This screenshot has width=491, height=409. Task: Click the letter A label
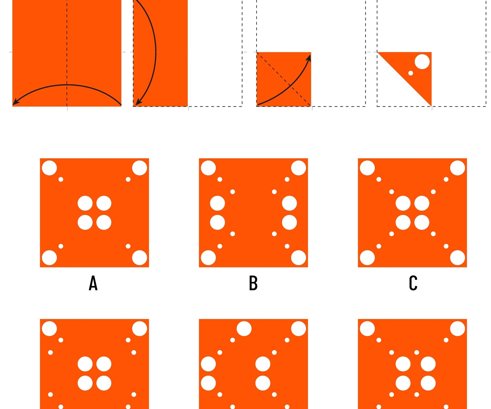click(93, 283)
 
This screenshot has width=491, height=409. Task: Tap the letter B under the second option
click(253, 283)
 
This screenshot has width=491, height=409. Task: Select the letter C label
click(413, 283)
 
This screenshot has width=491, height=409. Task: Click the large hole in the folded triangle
click(422, 62)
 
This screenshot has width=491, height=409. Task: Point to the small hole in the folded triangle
click(411, 73)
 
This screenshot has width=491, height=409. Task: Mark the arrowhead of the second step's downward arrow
click(138, 101)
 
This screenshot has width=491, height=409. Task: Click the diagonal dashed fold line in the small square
click(284, 79)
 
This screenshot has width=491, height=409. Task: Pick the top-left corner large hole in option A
click(49, 168)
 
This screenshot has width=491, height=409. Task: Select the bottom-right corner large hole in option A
click(139, 258)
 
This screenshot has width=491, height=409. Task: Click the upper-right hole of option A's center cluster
click(104, 203)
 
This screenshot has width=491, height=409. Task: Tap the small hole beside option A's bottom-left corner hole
click(61, 246)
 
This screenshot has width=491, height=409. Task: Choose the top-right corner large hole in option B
click(298, 168)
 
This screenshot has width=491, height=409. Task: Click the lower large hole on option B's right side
click(289, 222)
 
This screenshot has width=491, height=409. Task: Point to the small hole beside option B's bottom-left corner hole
click(220, 246)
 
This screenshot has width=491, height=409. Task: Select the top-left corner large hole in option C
click(367, 168)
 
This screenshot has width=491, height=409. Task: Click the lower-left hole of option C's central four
click(403, 222)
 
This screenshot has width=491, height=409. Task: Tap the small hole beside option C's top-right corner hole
click(446, 179)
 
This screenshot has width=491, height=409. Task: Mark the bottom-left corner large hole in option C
click(367, 258)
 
